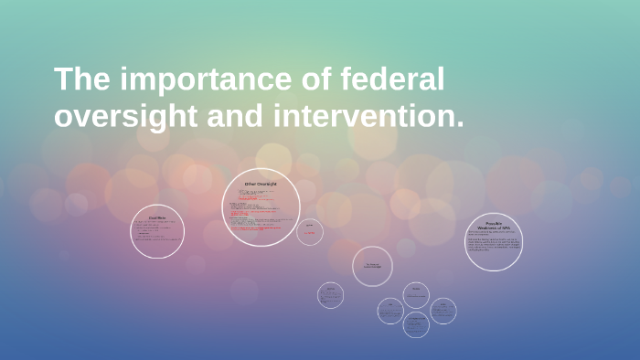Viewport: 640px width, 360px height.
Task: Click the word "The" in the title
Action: pos(80,80)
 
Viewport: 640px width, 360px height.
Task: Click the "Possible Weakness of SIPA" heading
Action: pos(494,226)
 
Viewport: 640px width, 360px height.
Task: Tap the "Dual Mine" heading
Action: pos(157,217)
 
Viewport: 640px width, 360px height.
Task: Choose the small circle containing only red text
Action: pos(310,232)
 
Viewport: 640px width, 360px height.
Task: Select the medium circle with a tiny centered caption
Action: pos(372,266)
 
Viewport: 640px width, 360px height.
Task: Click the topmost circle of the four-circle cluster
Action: pos(416,294)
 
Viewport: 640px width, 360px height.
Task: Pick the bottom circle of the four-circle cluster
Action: pos(416,323)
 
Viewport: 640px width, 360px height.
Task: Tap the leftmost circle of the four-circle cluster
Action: pos(390,311)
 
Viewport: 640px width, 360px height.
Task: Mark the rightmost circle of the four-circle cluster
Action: pos(443,311)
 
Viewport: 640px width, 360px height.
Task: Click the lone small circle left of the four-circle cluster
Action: pos(330,295)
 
